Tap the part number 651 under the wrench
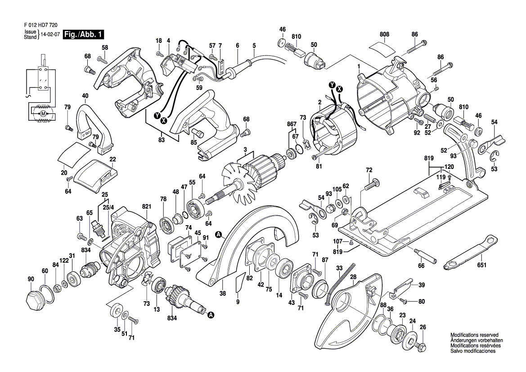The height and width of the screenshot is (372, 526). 481,266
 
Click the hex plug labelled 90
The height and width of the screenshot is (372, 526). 34,299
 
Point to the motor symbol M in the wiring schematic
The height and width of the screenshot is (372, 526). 43,113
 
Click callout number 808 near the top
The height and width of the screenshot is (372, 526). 384,34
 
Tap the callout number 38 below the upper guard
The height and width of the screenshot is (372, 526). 222,293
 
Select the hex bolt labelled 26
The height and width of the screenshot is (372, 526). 422,347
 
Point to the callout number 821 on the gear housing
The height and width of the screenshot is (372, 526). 146,206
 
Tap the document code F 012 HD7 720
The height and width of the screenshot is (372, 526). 40,26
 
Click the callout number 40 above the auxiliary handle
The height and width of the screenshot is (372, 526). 85,96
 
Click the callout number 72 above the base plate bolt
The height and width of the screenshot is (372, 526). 369,170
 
